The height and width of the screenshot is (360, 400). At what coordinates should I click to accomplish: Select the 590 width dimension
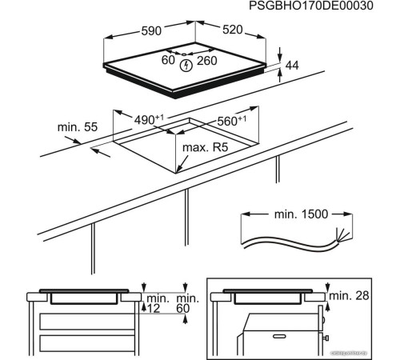151,30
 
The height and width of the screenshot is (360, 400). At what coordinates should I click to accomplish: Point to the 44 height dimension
291,66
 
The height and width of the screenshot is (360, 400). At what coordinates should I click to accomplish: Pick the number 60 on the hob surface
168,60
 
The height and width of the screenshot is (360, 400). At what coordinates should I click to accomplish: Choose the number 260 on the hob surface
207,60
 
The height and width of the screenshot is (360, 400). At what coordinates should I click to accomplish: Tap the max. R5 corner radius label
206,147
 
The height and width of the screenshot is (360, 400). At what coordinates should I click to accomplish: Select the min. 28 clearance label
350,297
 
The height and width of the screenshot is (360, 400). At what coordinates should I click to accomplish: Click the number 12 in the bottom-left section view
153,308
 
